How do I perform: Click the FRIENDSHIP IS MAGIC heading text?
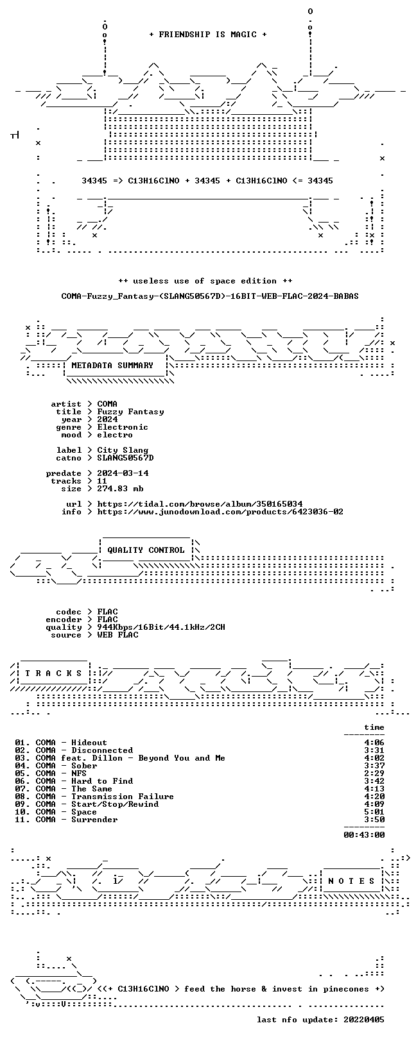pos(207,35)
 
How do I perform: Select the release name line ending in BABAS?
pos(210,296)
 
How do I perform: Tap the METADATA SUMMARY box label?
pos(112,366)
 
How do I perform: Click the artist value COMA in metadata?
pos(107,404)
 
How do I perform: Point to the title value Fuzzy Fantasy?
pos(130,412)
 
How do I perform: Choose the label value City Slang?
pos(123,450)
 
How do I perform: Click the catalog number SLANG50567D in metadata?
pos(125,459)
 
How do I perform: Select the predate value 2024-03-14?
pos(123,473)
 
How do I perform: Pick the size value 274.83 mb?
pos(120,489)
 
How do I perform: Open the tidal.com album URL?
pos(200,504)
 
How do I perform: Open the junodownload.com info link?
pos(220,512)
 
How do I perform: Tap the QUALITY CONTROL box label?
pos(146,550)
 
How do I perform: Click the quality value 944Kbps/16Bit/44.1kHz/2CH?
pos(161,628)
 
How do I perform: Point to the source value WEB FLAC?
pos(117,635)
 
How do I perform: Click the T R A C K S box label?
pos(53,673)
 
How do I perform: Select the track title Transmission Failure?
pos(123,797)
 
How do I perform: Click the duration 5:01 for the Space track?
pos(374,812)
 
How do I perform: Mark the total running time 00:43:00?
pos(364,835)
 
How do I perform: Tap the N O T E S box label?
pos(351,881)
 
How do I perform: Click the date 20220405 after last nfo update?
pos(364,1020)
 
